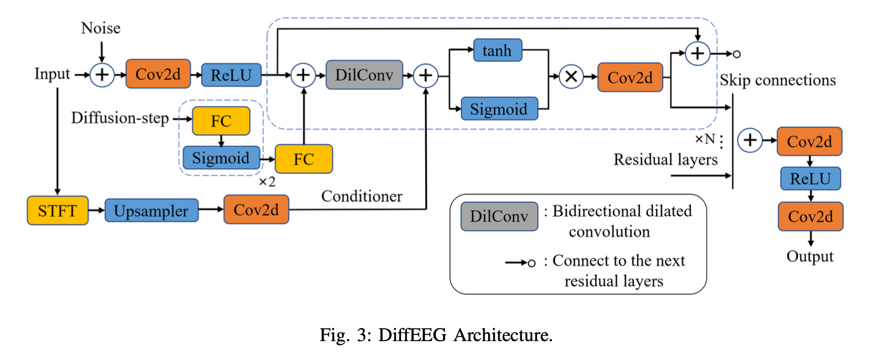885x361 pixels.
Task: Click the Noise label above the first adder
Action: (x=101, y=28)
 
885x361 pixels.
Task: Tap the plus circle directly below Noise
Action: (x=102, y=75)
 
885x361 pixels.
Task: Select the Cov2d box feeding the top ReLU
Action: (x=158, y=74)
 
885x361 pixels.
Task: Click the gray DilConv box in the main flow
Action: (x=364, y=75)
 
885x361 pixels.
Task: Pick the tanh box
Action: (x=497, y=50)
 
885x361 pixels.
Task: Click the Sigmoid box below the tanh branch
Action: (x=499, y=109)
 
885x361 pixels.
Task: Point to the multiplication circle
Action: (x=572, y=77)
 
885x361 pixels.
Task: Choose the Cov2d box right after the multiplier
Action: (x=630, y=77)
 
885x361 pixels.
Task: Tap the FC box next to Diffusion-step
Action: (x=221, y=121)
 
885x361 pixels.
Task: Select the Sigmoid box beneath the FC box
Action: (x=221, y=158)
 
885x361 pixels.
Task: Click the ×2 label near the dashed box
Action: (x=267, y=182)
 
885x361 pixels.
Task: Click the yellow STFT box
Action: (x=58, y=211)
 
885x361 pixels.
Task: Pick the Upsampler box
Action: (x=151, y=211)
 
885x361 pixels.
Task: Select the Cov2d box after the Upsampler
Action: (x=256, y=210)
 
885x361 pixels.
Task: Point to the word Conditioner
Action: (x=361, y=197)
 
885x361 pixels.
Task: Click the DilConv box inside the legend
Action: (x=499, y=216)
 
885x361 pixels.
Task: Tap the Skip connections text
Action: (x=777, y=81)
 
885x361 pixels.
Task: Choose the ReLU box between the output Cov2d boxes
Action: (x=810, y=179)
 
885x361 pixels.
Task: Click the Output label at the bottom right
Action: (x=810, y=257)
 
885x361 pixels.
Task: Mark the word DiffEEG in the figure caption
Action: (x=412, y=335)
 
